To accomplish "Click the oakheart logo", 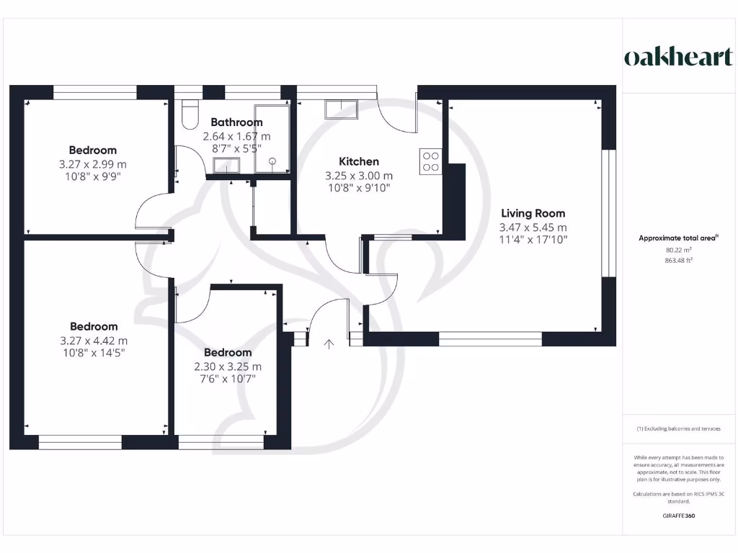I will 678,58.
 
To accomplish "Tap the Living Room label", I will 533,213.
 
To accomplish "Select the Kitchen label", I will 359,161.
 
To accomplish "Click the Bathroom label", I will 236,122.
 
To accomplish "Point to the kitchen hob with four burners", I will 431,161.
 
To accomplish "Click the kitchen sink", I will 341,109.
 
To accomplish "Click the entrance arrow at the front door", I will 329,344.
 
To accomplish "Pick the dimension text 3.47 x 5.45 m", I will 533,227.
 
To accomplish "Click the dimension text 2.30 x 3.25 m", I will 228,366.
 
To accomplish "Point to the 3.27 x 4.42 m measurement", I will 94,341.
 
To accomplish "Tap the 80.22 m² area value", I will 678,251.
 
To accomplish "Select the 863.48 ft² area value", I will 678,261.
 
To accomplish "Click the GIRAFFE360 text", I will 678,516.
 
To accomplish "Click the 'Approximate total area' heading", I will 678,238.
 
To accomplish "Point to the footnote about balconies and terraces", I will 678,428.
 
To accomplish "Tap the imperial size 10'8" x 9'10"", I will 359,188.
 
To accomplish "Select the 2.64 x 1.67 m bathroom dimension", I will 236,135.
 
